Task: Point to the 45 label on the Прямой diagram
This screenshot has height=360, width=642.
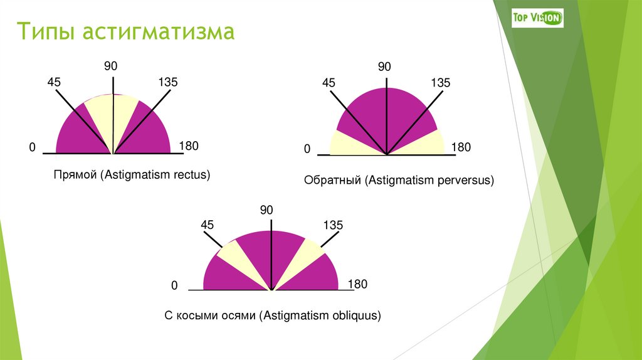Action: [x=54, y=82]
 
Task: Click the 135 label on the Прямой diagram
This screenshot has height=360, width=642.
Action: [x=168, y=82]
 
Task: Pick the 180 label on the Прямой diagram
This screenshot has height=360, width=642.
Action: [x=188, y=146]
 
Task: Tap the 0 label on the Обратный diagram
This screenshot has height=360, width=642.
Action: [x=307, y=149]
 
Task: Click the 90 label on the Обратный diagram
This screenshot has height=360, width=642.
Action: [x=384, y=67]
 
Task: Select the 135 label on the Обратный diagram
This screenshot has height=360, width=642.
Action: [x=440, y=83]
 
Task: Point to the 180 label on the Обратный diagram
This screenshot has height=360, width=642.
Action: [x=461, y=147]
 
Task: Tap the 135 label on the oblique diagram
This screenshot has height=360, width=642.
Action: [x=333, y=225]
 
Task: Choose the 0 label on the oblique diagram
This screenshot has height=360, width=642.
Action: [x=175, y=286]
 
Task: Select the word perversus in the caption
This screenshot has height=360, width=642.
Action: [x=465, y=181]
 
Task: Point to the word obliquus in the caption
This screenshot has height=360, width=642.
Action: [x=355, y=315]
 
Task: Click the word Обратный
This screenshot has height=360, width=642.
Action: [x=332, y=181]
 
